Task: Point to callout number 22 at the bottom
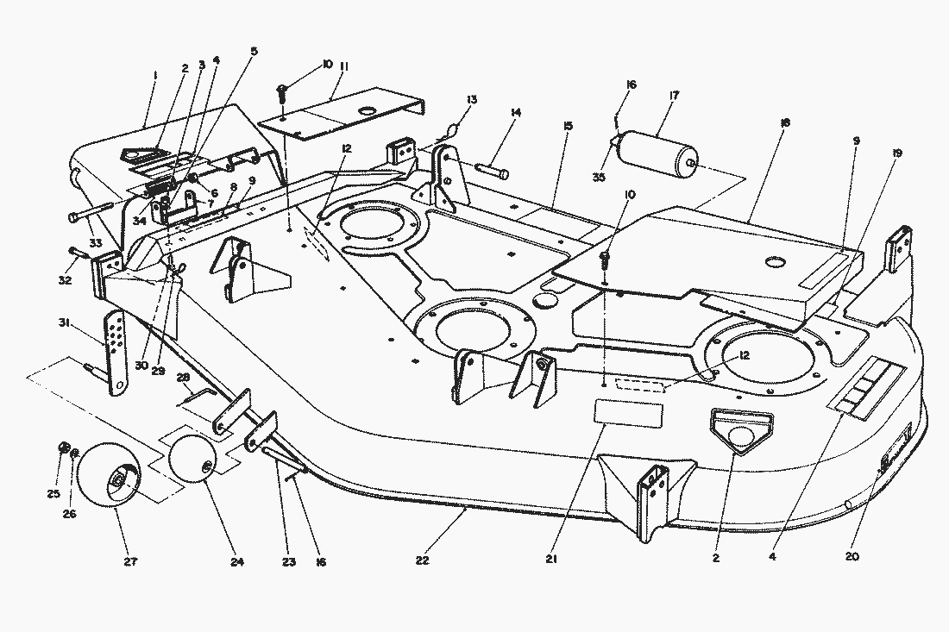pos(422,561)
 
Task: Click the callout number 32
pos(64,255)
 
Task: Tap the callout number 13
pos(472,100)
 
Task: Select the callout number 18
pos(784,124)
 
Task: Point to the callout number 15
pos(568,126)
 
